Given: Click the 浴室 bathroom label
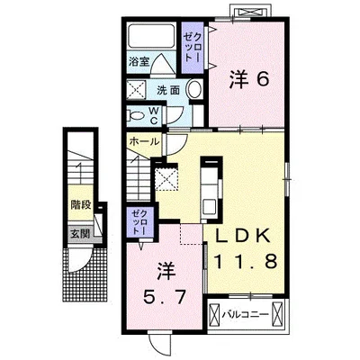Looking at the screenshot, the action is tap(139, 61).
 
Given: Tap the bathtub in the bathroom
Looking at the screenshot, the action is tap(151, 36).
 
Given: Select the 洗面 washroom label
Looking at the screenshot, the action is tap(168, 90).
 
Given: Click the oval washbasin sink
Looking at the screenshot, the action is tap(194, 89).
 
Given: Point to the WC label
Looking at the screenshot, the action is tap(154, 116).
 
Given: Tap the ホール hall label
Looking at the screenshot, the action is tap(144, 141).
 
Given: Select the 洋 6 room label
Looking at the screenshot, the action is tap(249, 80).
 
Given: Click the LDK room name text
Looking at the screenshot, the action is tap(243, 237).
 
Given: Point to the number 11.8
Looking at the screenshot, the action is tap(245, 261).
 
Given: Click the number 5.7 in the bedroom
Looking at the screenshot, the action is tap(164, 297).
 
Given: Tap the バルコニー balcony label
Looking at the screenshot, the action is tap(245, 315).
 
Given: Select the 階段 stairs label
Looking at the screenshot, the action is tap(81, 205).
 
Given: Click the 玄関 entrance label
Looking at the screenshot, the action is tap(80, 234).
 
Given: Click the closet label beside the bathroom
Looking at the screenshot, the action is tap(193, 47).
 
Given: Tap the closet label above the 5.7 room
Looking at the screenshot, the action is tap(139, 221).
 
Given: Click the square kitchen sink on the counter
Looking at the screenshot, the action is tap(209, 206).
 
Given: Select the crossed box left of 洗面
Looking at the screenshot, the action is tap(136, 89).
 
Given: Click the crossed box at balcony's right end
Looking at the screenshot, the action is tap(277, 315).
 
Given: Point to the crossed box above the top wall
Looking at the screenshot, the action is tap(251, 12).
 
